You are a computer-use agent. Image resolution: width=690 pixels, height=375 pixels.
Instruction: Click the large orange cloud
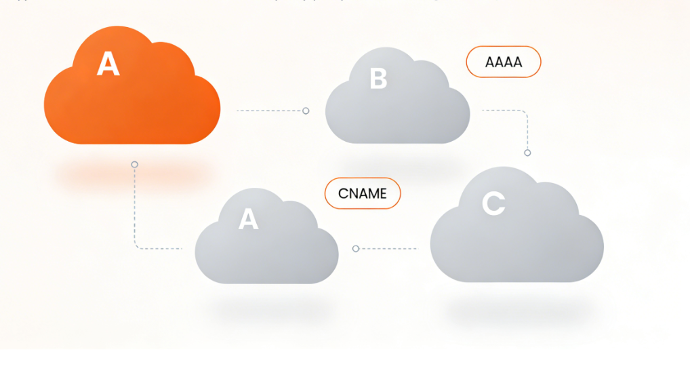(x=132, y=102)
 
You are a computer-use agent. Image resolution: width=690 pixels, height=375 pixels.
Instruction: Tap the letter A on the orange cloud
(x=108, y=64)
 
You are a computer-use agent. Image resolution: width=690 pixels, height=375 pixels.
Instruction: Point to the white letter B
(x=378, y=79)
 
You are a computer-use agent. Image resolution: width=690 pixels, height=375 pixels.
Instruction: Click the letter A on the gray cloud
(x=249, y=219)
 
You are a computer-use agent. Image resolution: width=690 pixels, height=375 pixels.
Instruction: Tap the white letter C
(x=494, y=203)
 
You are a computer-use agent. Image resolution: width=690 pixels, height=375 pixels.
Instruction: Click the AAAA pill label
(x=504, y=62)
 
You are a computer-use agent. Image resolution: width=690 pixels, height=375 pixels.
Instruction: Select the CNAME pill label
(x=363, y=193)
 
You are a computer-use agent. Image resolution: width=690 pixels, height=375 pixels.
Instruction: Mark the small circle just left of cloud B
(x=306, y=111)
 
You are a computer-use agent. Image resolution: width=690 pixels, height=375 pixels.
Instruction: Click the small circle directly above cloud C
(x=527, y=153)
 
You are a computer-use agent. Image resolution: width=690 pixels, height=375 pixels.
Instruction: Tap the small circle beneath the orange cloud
(x=134, y=165)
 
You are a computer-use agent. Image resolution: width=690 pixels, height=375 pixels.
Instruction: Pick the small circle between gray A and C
(x=356, y=249)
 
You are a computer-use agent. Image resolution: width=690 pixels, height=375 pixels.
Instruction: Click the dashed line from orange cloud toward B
(x=268, y=111)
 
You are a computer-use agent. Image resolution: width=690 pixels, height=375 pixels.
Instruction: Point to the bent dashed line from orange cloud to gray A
(x=135, y=217)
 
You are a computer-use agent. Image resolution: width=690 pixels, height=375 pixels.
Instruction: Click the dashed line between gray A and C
(x=390, y=249)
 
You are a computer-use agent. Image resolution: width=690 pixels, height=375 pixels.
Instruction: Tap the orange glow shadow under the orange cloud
(x=132, y=175)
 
